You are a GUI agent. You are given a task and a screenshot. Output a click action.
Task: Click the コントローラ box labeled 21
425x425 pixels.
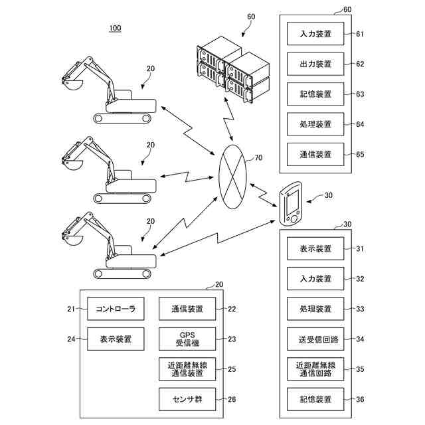click(x=116, y=309)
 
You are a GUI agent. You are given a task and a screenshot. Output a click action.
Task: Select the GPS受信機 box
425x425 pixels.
click(x=187, y=339)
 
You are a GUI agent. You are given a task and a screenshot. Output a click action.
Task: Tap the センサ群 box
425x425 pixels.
click(x=187, y=399)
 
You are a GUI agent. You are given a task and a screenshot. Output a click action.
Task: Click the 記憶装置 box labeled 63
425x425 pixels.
click(x=315, y=94)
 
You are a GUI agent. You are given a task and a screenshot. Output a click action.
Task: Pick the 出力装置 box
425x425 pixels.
click(x=315, y=64)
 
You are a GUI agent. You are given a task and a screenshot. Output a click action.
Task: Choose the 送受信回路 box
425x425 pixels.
click(x=315, y=339)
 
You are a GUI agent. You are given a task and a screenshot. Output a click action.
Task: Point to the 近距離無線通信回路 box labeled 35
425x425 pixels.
click(x=315, y=369)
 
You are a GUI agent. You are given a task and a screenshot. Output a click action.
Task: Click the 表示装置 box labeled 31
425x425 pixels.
click(x=315, y=249)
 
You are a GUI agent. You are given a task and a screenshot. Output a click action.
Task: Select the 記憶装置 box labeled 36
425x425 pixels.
click(x=315, y=399)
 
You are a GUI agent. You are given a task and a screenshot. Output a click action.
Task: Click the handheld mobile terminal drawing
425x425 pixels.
click(x=291, y=204)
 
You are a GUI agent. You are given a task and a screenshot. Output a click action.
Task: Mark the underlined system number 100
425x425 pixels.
click(x=115, y=29)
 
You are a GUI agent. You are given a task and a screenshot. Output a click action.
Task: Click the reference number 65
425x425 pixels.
click(x=361, y=154)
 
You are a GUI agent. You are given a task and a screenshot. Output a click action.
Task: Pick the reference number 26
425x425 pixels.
click(x=231, y=400)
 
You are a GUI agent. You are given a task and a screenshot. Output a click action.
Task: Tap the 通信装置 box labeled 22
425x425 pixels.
click(x=187, y=309)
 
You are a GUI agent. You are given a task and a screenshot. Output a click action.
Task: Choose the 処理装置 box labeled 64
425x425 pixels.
click(x=315, y=124)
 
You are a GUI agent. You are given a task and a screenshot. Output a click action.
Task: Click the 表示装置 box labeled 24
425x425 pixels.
click(x=116, y=339)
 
